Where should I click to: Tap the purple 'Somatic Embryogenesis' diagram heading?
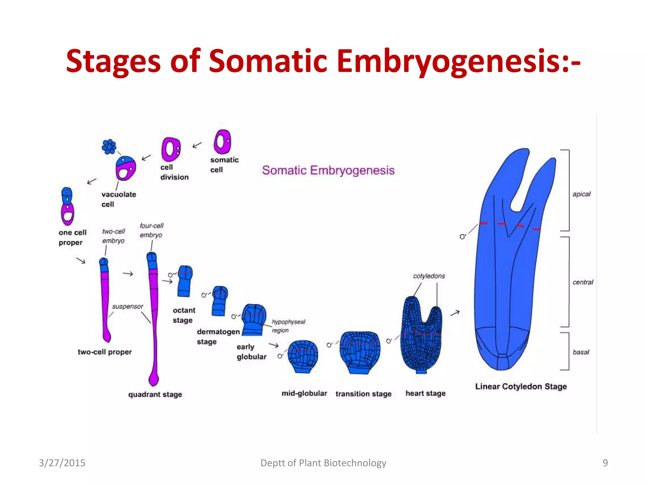(328, 170)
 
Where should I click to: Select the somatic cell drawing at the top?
(222, 142)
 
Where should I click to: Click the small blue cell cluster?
(109, 147)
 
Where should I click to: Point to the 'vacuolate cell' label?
(118, 199)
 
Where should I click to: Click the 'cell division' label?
(174, 172)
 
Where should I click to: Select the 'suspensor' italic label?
(127, 306)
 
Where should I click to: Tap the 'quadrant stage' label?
(155, 394)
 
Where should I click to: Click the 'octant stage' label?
(184, 315)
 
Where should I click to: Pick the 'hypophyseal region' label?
(288, 326)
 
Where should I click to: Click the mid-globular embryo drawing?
(303, 356)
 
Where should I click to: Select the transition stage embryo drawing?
(360, 351)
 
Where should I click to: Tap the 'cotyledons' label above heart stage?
(429, 276)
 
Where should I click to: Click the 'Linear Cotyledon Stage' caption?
(521, 386)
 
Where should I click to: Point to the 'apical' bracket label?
(581, 194)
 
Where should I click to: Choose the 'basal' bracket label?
(581, 352)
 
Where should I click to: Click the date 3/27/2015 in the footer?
(62, 463)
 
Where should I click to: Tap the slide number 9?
(605, 463)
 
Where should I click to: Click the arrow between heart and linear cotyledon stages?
(455, 313)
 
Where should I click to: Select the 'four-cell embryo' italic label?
(151, 230)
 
